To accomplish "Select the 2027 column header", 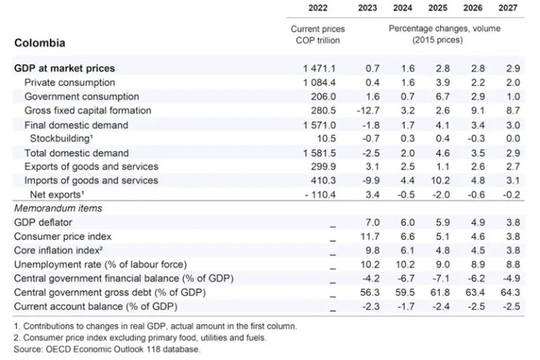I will point(509,8).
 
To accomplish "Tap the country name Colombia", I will point(40,43).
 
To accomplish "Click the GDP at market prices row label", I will point(65,68).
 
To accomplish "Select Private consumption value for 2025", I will point(440,82).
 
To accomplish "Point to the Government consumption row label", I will point(82,96).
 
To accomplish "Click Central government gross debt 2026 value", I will point(475,292).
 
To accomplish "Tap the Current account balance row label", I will point(96,307).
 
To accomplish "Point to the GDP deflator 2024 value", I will point(409,222).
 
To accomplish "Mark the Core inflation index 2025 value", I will point(442,250).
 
